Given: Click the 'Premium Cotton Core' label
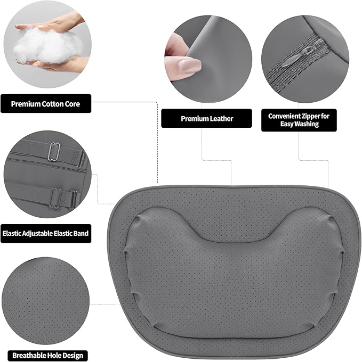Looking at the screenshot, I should pos(45,104).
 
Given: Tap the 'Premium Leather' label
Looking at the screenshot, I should pos(207,119).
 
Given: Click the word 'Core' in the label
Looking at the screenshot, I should pos(71,104).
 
